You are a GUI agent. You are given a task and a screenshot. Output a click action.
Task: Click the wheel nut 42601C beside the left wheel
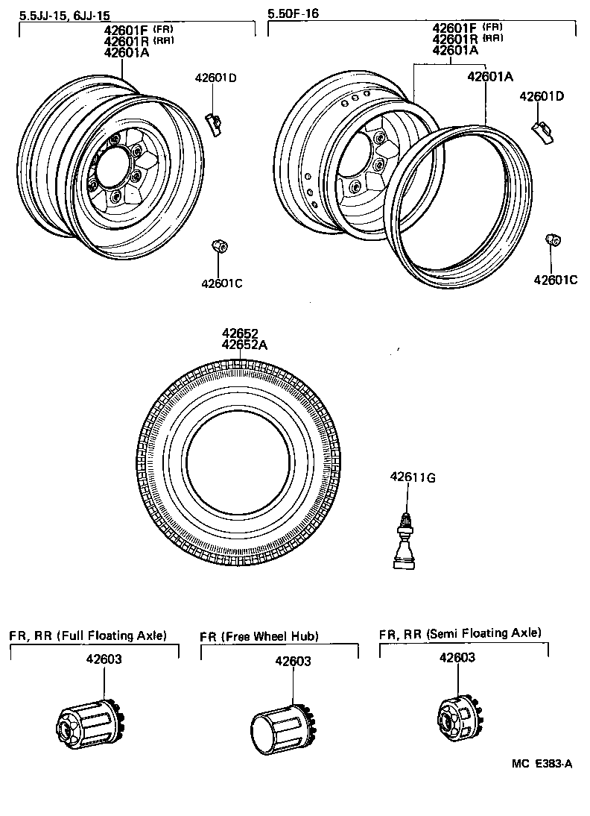[219, 245]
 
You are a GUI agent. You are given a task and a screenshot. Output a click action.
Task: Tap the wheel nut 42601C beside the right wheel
[553, 239]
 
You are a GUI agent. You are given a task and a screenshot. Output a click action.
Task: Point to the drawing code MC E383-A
[542, 765]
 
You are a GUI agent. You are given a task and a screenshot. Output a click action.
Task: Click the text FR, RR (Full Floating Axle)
[88, 635]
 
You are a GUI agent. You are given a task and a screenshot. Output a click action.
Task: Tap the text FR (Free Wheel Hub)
[259, 636]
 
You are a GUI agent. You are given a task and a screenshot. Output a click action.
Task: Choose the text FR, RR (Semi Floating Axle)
[460, 633]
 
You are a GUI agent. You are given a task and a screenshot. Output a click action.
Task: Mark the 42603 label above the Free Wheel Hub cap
[293, 661]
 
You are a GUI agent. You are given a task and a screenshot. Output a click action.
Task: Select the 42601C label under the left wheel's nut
[221, 283]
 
